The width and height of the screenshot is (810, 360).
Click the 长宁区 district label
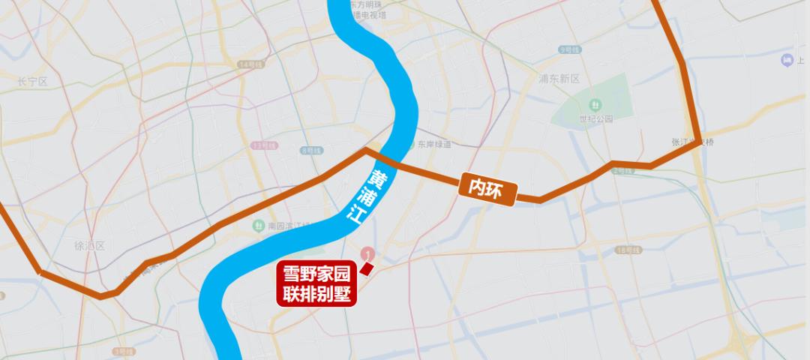[x=32, y=82]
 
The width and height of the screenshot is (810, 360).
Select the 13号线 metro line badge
[x=263, y=145]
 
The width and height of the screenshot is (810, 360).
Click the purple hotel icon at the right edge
[x=787, y=60]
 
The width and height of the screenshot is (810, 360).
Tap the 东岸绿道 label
[x=435, y=144]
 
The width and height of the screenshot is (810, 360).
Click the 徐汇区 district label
[x=88, y=246]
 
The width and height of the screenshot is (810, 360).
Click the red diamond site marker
[x=367, y=268]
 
